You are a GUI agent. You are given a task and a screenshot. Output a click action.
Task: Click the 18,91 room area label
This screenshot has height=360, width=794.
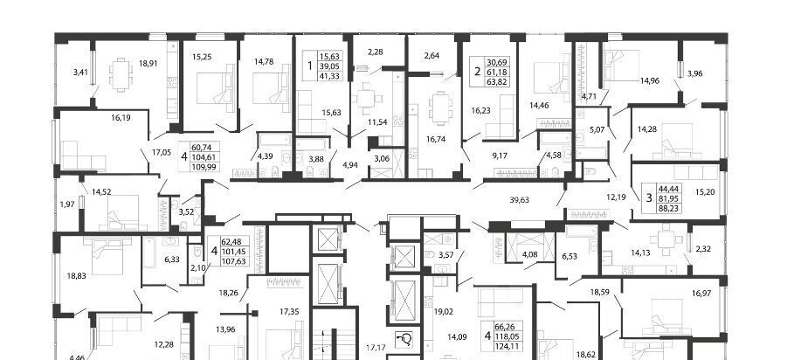(x=148, y=64)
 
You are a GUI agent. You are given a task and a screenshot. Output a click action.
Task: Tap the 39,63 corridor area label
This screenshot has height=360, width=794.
(x=519, y=200)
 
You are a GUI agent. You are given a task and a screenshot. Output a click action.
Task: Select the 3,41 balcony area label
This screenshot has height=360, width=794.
(x=80, y=72)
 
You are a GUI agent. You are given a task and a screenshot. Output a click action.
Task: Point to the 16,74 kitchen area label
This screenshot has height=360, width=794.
(x=436, y=139)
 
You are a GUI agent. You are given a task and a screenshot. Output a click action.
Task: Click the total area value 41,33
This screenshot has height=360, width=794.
(x=328, y=76)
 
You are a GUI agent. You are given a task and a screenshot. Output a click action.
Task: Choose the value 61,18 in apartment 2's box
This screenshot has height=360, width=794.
(x=496, y=72)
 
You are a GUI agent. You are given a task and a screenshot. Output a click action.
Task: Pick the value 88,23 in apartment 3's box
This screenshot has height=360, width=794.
(x=666, y=208)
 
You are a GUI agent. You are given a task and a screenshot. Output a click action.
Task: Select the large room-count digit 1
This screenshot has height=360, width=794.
(x=310, y=66)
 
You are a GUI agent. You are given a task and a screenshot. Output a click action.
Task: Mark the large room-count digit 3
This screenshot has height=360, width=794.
(x=649, y=197)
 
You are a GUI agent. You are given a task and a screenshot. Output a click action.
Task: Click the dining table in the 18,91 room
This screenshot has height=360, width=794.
(x=121, y=74)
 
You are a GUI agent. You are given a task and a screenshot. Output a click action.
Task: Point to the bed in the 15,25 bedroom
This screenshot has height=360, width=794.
(x=216, y=84)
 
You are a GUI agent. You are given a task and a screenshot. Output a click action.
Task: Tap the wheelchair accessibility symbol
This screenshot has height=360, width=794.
(x=404, y=339)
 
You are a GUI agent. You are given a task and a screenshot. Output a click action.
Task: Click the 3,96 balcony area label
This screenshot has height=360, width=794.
(x=694, y=73)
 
